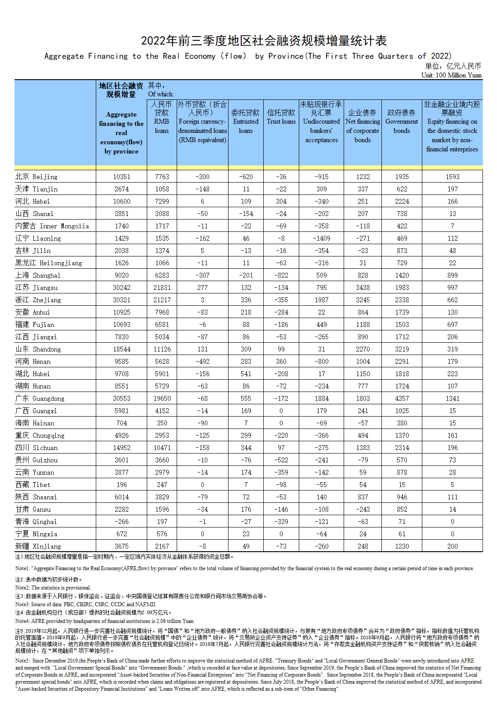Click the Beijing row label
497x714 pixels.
click(x=36, y=177)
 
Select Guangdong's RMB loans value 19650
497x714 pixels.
click(x=162, y=399)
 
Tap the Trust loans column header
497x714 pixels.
click(x=281, y=117)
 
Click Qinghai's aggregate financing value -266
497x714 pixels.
click(x=122, y=522)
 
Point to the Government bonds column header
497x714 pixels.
click(x=402, y=121)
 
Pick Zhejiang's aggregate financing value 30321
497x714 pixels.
click(x=122, y=300)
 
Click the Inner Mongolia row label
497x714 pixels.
click(x=52, y=226)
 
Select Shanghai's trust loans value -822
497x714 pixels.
click(x=281, y=275)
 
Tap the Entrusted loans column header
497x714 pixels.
click(x=246, y=121)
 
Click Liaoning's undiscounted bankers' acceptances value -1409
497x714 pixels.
click(x=322, y=238)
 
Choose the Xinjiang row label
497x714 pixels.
click(x=38, y=546)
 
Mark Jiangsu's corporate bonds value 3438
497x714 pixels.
click(x=363, y=288)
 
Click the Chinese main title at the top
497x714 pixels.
click(x=264, y=41)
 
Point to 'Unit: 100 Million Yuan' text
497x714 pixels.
click(x=451, y=75)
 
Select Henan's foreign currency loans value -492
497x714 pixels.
click(x=202, y=362)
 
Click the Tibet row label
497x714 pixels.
click(x=33, y=485)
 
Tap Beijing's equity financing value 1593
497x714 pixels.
click(x=452, y=177)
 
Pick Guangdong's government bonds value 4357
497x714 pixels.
click(x=402, y=399)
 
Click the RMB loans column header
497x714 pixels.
click(x=162, y=117)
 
